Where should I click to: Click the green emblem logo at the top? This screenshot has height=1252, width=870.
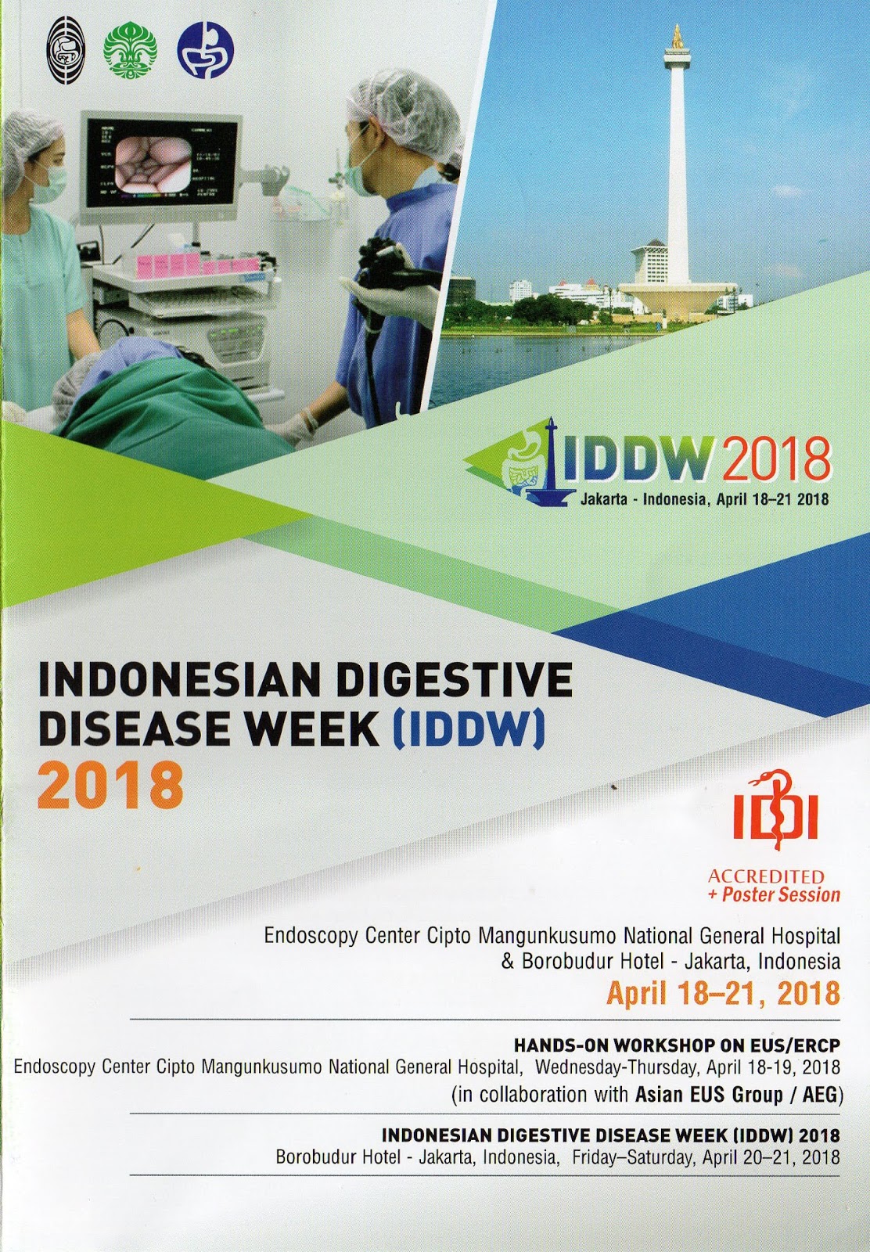tap(130, 49)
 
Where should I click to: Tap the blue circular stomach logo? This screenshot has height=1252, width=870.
tap(206, 50)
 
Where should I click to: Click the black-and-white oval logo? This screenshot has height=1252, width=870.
tap(66, 50)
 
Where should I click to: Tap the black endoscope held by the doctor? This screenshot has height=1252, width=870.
tap(391, 279)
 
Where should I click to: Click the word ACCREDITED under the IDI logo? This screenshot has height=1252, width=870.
tap(765, 876)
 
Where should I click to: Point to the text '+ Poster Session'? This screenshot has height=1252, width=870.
tap(774, 894)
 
